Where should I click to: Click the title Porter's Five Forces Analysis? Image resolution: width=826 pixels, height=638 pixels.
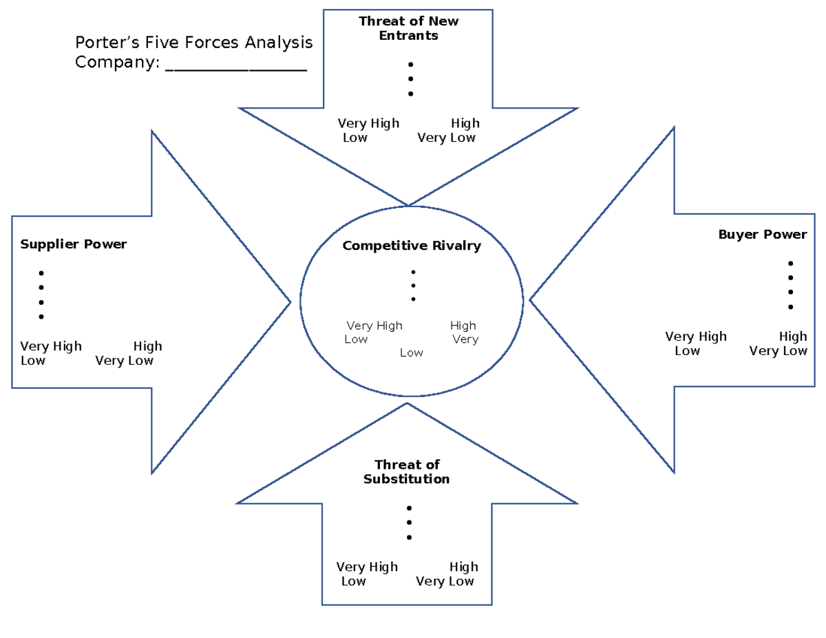coord(193,43)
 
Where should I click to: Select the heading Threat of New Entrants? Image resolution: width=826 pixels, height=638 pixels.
coord(408,28)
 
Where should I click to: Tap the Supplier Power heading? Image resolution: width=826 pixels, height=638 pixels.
coord(74,244)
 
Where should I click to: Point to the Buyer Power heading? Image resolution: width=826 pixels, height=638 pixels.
coord(763,235)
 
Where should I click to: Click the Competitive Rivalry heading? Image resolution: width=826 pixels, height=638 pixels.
coord(412,246)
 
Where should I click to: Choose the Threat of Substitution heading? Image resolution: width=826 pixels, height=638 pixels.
coord(407,472)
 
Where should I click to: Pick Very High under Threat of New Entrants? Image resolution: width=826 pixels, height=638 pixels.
coord(368,124)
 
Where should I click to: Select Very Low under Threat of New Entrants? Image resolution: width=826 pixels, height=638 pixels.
coord(446,138)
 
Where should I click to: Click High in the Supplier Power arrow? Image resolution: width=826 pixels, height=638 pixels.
coord(148,346)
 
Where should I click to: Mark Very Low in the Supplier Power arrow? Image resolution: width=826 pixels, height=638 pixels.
coord(125,361)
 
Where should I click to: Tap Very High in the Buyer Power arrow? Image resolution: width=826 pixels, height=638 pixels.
coord(696,337)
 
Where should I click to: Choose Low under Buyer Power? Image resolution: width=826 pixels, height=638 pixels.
coord(687,351)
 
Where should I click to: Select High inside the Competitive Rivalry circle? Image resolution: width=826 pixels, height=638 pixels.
coord(463,326)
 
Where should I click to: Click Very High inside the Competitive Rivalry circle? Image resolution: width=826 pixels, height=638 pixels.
coord(374,326)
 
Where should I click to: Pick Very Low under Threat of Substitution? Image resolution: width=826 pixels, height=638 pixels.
coord(445,582)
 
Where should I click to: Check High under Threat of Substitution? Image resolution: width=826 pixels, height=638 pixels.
coord(463,567)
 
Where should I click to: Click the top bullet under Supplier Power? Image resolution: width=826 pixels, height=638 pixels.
coord(41,273)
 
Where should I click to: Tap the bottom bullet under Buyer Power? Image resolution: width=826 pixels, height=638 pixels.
coord(791,307)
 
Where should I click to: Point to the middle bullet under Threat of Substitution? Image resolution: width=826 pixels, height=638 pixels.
coord(409,523)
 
